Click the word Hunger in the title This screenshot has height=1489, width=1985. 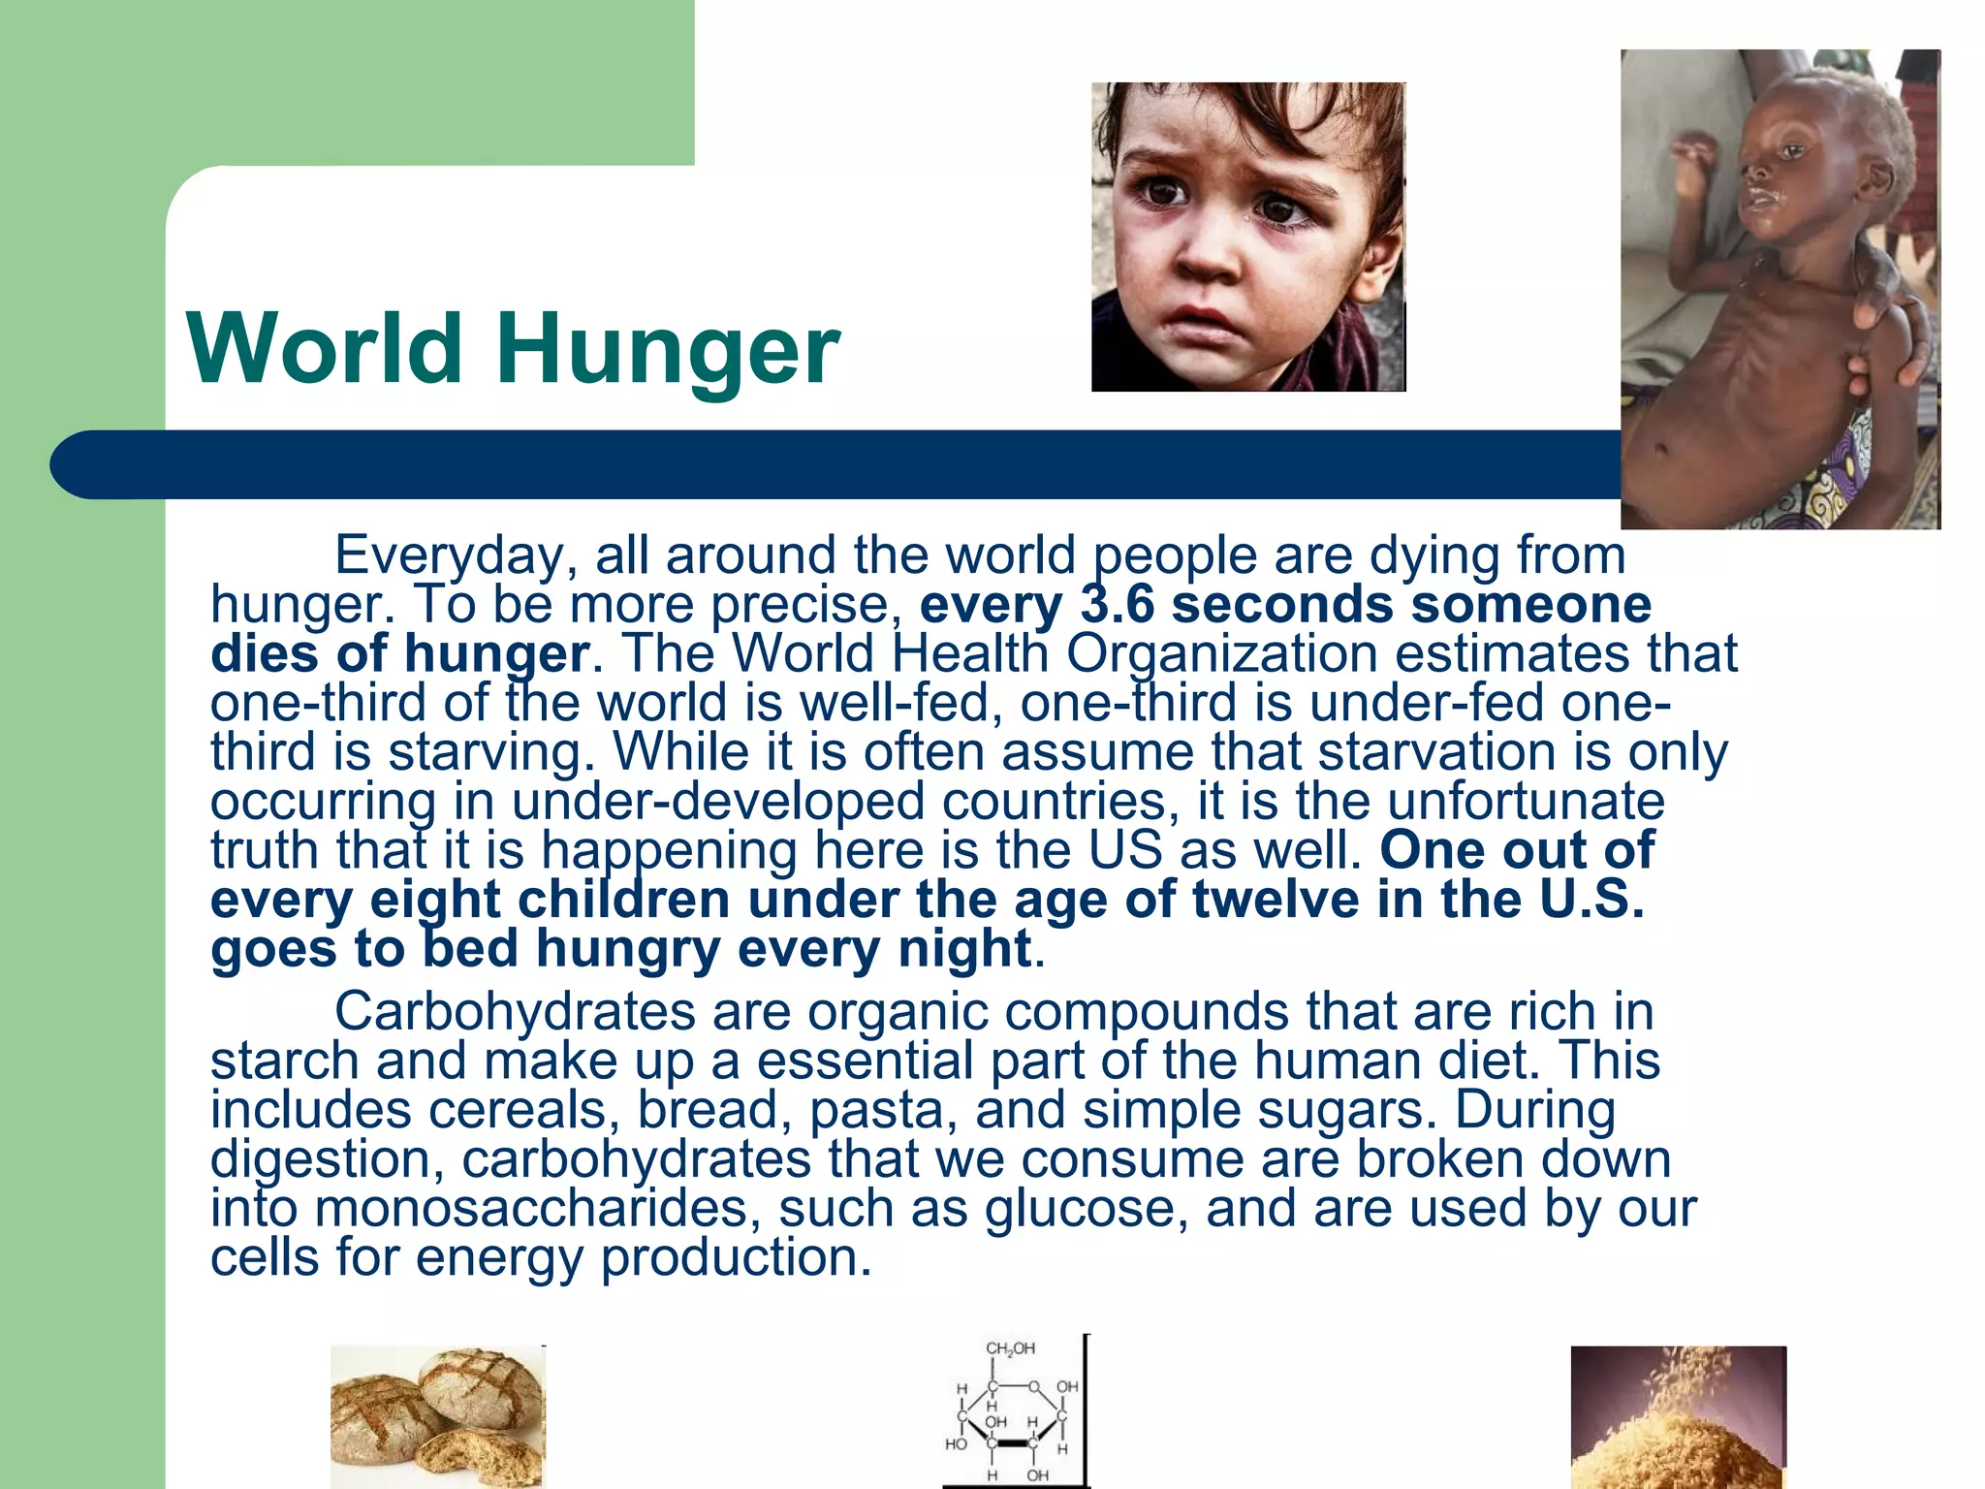point(668,351)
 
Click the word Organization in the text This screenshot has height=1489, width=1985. point(1221,653)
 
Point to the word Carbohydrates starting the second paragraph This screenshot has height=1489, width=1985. point(515,1012)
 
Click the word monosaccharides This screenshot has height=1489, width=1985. point(532,1209)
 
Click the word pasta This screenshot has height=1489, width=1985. point(876,1110)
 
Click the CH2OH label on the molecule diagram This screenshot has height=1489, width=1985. point(1010,1348)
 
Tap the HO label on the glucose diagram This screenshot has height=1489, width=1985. point(956,1444)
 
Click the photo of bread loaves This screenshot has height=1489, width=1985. point(437,1417)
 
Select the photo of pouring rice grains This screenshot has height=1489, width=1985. point(1678,1417)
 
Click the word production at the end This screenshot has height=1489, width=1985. point(737,1258)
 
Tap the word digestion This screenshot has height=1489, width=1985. point(320,1159)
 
